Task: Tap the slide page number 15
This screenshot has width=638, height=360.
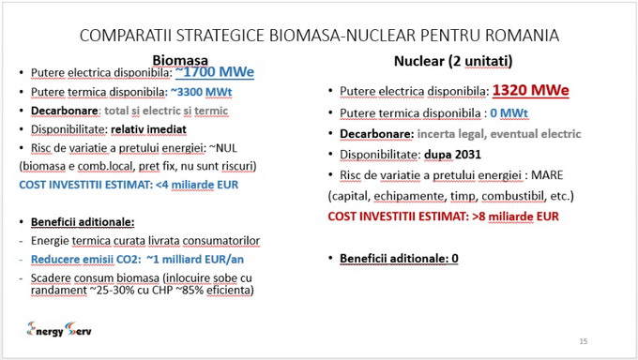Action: click(x=583, y=341)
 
